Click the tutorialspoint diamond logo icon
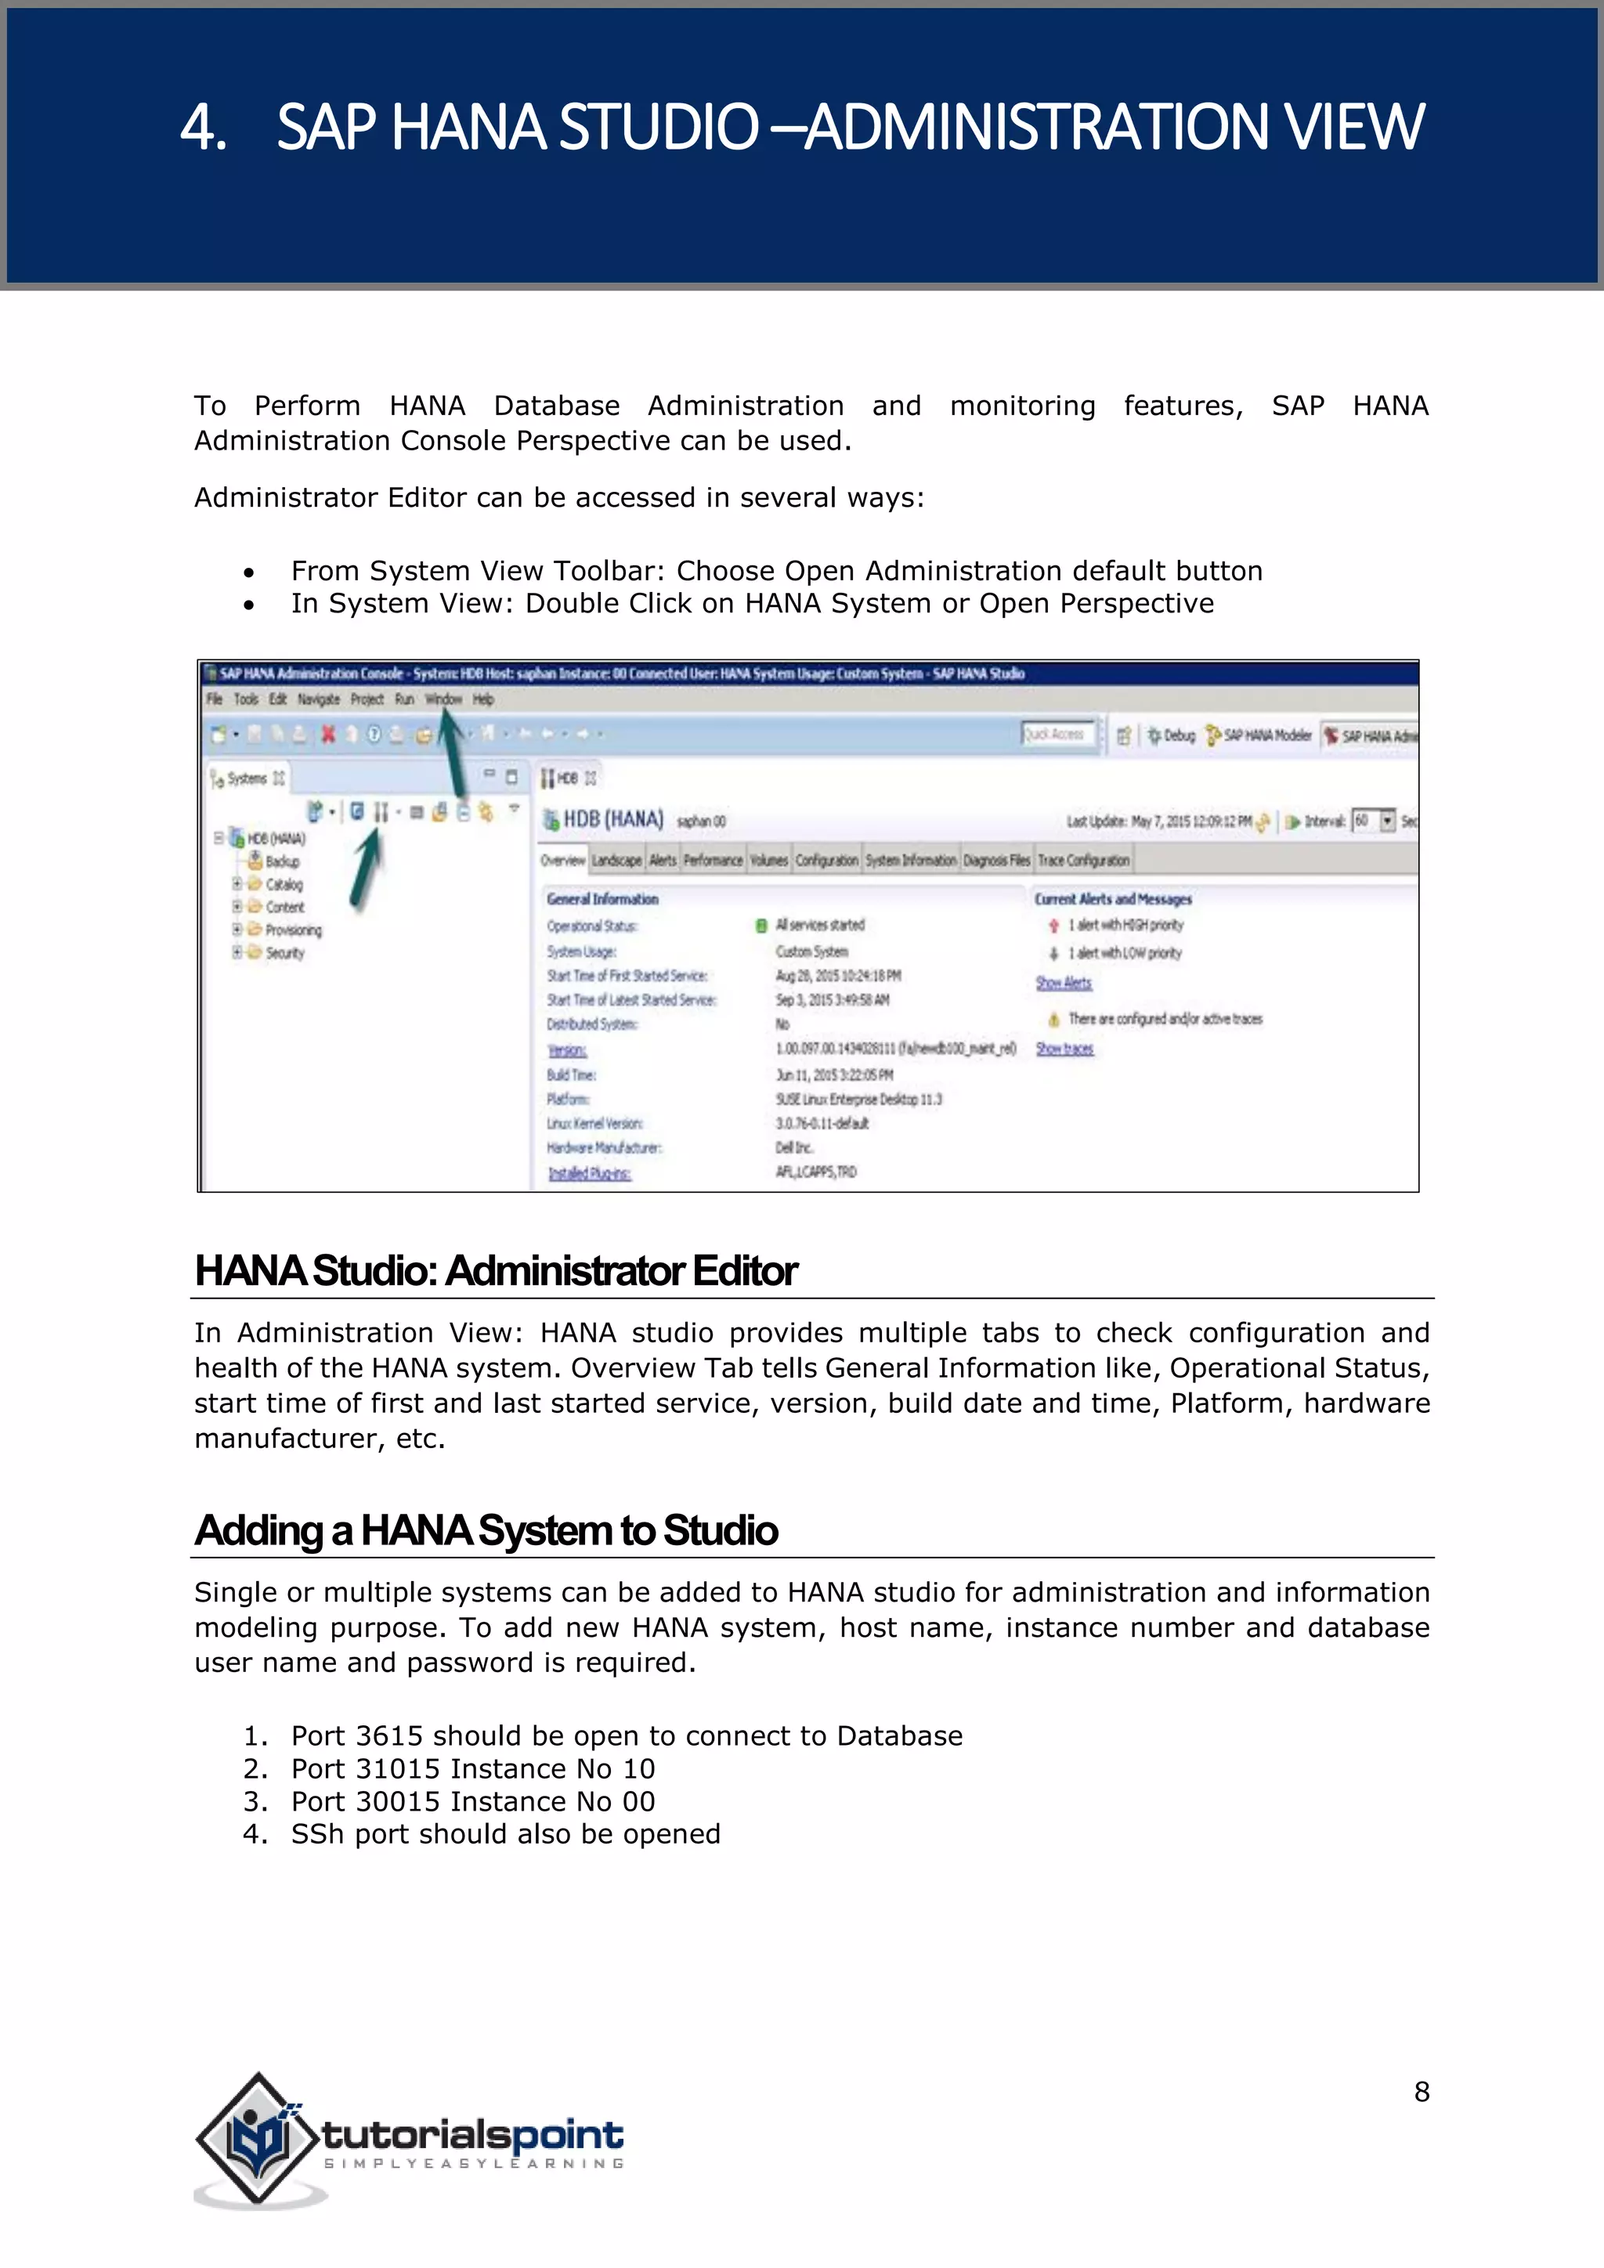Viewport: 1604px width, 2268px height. click(258, 2138)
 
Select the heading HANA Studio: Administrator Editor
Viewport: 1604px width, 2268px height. click(496, 1271)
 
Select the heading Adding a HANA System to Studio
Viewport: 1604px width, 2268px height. click(486, 1531)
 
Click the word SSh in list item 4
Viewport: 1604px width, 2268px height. click(317, 1834)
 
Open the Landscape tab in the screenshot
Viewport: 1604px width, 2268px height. click(616, 861)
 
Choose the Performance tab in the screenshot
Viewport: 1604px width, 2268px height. click(712, 861)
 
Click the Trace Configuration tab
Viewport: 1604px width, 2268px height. click(1083, 861)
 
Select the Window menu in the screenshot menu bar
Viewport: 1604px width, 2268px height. click(443, 699)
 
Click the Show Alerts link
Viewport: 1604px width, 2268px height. click(1063, 983)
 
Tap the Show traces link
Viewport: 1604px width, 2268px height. click(1064, 1049)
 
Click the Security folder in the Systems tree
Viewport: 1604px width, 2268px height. click(284, 953)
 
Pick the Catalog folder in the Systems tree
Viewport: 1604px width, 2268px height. click(284, 884)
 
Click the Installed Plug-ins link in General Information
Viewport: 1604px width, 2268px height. click(590, 1173)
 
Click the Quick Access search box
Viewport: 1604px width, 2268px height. click(1058, 735)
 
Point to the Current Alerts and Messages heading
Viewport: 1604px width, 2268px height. click(1112, 899)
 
